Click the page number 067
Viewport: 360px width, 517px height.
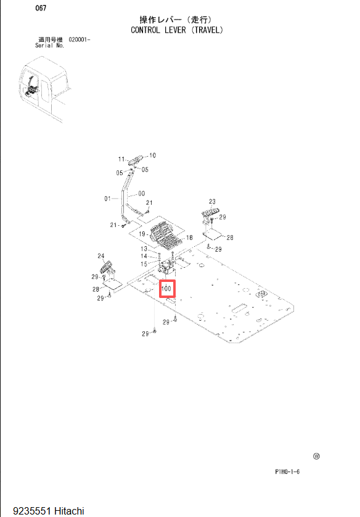click(41, 8)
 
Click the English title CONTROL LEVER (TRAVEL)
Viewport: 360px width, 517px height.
click(177, 30)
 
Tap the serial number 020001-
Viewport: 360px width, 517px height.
click(80, 39)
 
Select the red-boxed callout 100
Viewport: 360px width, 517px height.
click(167, 289)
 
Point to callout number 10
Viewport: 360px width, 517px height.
click(152, 155)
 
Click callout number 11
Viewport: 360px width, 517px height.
click(121, 159)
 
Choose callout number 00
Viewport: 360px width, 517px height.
click(142, 193)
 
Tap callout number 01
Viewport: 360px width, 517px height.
click(107, 199)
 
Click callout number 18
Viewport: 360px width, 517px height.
click(189, 238)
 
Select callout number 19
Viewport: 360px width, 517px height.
click(142, 234)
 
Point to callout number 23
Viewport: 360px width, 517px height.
click(212, 201)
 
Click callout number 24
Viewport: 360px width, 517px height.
click(101, 255)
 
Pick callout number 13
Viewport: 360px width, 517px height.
click(144, 249)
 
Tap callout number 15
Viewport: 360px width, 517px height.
click(144, 264)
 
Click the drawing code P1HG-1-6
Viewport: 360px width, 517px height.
click(287, 471)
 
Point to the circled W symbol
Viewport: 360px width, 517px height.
click(316, 457)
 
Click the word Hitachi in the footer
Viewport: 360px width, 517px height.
click(69, 511)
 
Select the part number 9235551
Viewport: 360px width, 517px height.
click(32, 511)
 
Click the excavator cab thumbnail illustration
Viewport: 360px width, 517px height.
click(44, 88)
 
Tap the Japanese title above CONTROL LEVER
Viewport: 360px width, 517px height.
click(176, 20)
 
